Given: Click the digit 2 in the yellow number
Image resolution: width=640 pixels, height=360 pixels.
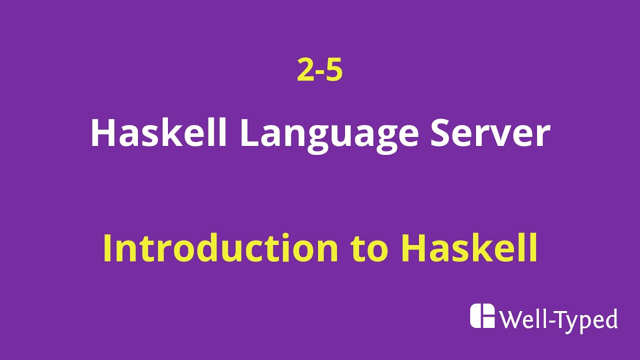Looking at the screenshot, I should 305,70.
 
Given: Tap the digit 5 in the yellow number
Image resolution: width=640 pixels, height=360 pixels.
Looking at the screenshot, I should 334,70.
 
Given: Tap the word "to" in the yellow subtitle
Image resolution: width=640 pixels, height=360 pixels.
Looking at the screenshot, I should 370,249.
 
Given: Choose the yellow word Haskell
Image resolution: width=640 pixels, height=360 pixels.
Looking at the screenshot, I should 469,248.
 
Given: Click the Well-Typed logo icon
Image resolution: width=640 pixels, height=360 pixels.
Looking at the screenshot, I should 482,316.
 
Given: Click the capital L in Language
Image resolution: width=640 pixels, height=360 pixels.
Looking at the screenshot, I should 250,133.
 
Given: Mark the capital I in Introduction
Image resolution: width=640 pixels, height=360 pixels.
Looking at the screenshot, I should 107,248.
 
